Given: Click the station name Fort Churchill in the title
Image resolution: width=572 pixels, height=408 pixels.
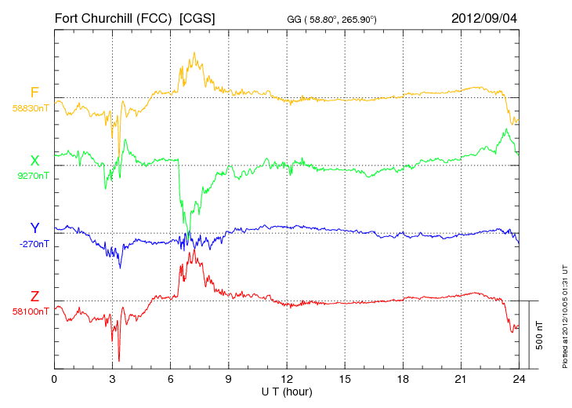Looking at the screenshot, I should pyautogui.click(x=114, y=17).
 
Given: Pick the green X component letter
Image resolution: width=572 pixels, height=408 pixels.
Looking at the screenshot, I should pyautogui.click(x=34, y=162).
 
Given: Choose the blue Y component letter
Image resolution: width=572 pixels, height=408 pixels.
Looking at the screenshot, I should pyautogui.click(x=34, y=228).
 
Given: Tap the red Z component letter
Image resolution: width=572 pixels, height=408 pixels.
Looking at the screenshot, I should pyautogui.click(x=34, y=297).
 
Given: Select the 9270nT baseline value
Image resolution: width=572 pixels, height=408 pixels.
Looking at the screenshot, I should pyautogui.click(x=32, y=176).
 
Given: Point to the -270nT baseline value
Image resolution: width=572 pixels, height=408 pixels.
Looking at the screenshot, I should pyautogui.click(x=32, y=243).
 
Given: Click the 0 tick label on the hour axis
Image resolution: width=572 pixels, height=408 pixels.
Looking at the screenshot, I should pyautogui.click(x=54, y=379).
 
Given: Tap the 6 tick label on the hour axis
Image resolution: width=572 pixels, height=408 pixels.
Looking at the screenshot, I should pyautogui.click(x=171, y=379).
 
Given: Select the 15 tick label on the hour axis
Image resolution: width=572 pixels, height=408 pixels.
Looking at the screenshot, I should pyautogui.click(x=345, y=379).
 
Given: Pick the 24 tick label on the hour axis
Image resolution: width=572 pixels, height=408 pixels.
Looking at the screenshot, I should pyautogui.click(x=519, y=379).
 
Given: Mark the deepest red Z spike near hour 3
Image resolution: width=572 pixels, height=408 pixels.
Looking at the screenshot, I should pyautogui.click(x=119, y=360).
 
